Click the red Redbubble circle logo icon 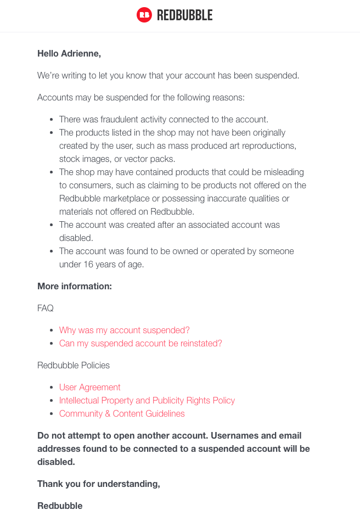pos(144,15)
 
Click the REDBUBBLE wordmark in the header pos(184,15)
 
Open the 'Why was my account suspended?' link pos(125,330)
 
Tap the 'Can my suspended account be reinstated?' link pos(140,343)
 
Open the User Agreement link pos(90,387)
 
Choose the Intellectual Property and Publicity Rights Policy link pos(147,400)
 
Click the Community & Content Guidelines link pos(122,413)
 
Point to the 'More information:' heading pos(75,286)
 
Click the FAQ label pos(46,308)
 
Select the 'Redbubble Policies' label pos(74,365)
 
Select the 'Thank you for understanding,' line pos(99,484)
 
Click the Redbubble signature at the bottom pos(60,506)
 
